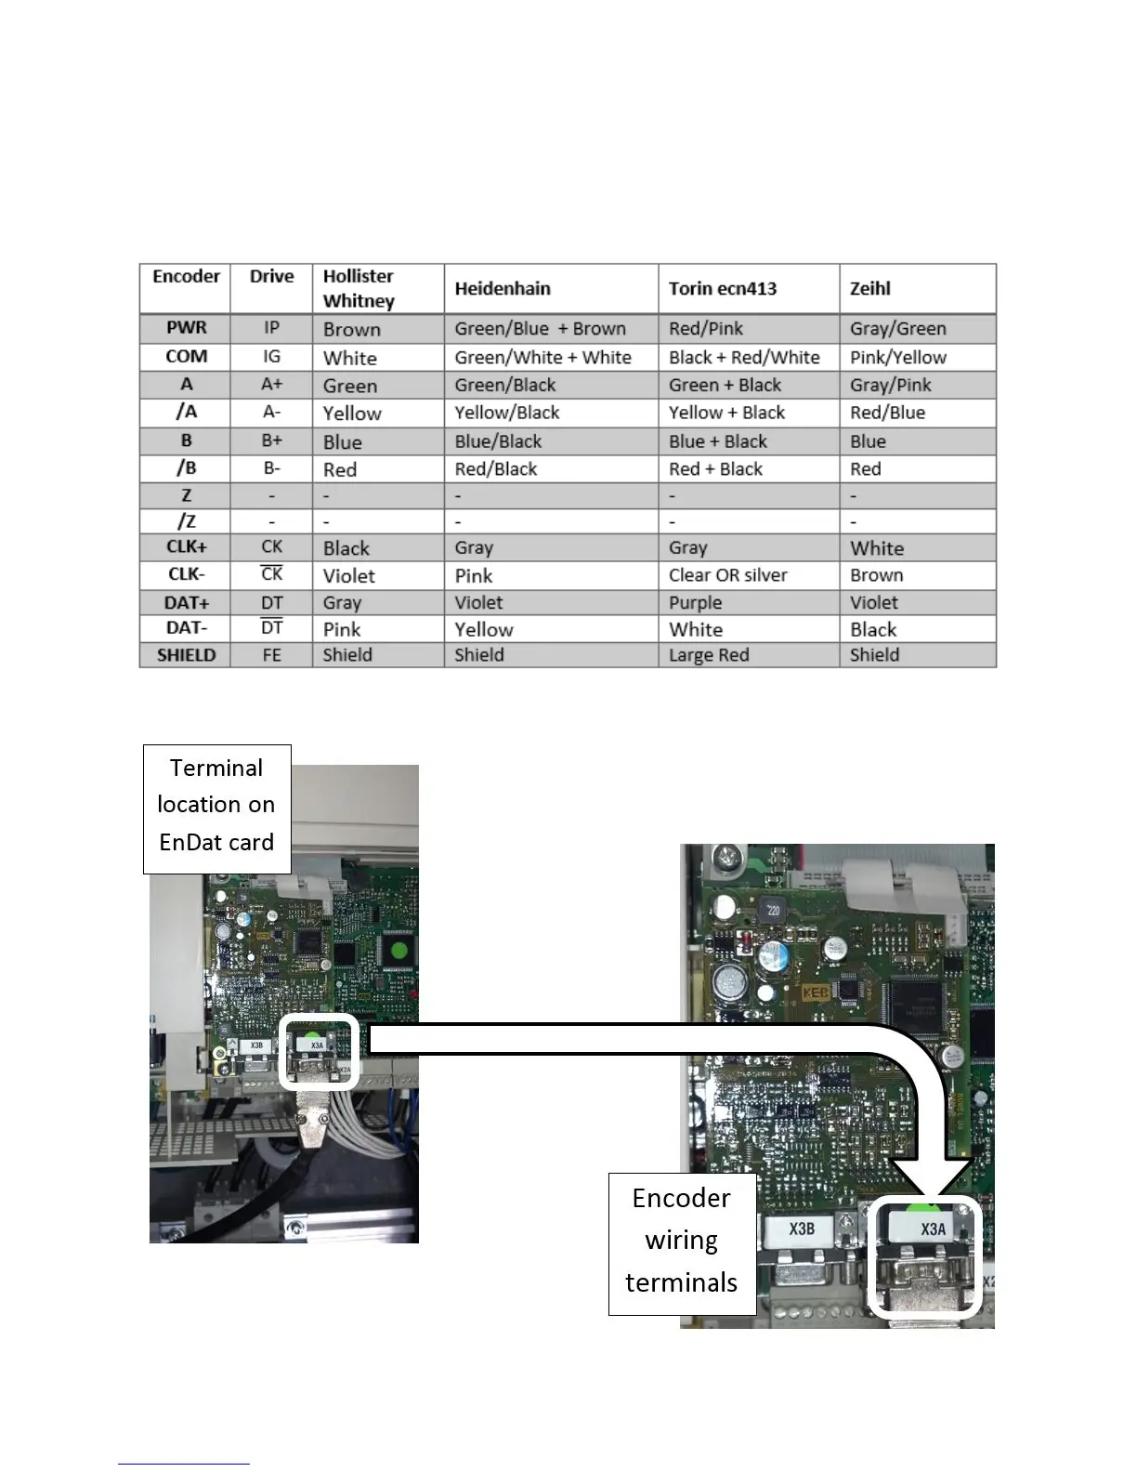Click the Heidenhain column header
503,289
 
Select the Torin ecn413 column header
723,289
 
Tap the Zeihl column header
870,289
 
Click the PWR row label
186,328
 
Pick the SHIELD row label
186,655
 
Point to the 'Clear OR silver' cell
728,575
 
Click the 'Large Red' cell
709,655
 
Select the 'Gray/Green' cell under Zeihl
898,329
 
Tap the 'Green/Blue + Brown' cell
540,329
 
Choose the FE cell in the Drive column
271,655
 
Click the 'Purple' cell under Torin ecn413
695,602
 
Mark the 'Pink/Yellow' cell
898,358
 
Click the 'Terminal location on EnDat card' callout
216,806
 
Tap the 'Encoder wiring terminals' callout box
682,1242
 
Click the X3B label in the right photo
802,1229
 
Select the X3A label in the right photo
933,1229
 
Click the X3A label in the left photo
317,1045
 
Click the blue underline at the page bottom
183,1465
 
